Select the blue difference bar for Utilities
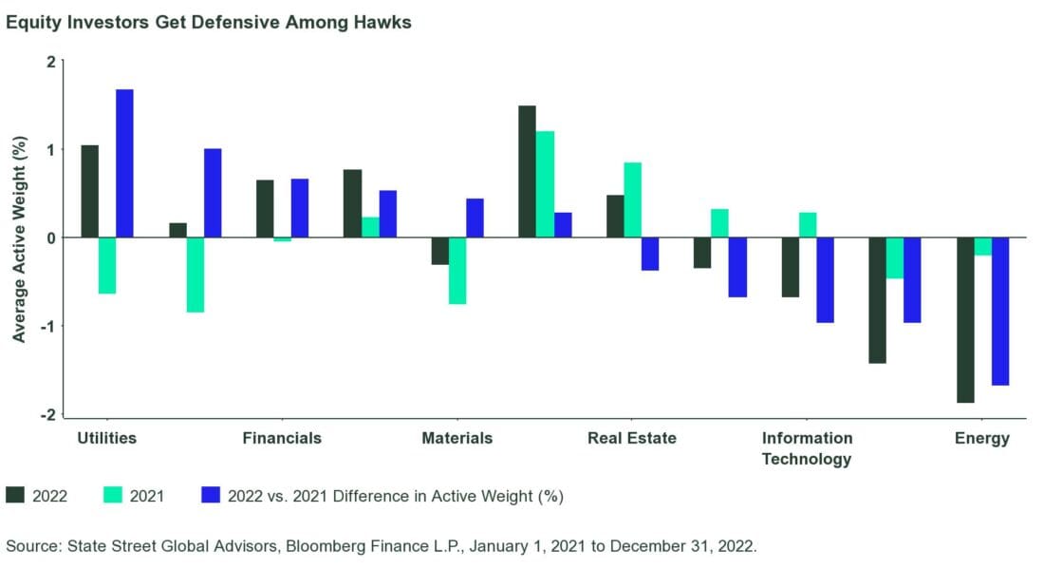[x=124, y=163]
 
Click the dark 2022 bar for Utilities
[x=90, y=191]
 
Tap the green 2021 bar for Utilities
[x=107, y=265]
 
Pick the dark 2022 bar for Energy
[x=965, y=319]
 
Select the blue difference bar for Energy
[x=1000, y=311]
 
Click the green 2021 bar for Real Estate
[x=632, y=199]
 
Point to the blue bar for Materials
[x=475, y=218]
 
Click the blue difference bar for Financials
[x=300, y=208]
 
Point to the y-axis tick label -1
[x=47, y=326]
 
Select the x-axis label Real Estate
[x=632, y=438]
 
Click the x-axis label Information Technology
[x=807, y=448]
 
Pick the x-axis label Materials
[x=457, y=438]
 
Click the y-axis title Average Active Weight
[x=19, y=237]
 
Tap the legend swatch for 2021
[x=110, y=495]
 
